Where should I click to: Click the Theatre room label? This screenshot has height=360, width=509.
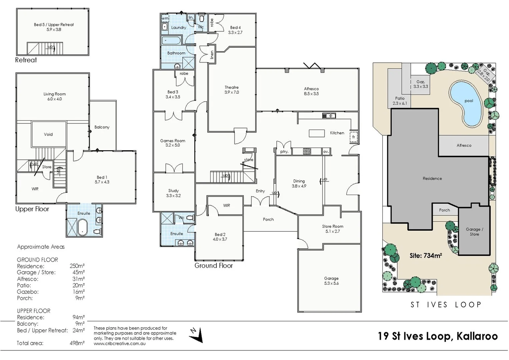pos(232,90)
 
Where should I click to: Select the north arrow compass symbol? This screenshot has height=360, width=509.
pos(196,335)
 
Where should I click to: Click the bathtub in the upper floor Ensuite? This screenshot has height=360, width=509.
pos(82,227)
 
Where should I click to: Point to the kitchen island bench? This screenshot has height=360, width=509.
pos(317,133)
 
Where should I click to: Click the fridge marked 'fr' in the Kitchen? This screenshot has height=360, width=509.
pos(354,137)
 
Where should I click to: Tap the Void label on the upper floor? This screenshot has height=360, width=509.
pos(48,134)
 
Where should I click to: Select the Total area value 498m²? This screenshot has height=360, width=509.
pos(77,343)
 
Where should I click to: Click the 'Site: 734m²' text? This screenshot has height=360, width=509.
pos(426,256)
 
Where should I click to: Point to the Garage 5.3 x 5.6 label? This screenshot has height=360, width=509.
pos(331,281)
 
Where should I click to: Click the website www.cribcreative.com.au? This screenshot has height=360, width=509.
pos(120,343)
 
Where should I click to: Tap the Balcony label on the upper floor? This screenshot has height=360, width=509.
pos(102,127)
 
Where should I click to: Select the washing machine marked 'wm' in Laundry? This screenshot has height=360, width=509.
pos(165,18)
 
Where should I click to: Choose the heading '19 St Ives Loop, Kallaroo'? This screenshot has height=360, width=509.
pos(438,336)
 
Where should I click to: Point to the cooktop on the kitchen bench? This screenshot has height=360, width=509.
pos(307,151)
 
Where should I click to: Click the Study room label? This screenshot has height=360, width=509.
pos(173,193)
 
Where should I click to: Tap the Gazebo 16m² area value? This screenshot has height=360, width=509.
pos(79,292)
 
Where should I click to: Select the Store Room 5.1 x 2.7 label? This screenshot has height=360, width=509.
pos(332,229)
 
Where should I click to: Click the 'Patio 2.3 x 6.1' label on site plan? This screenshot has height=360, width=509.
pos(400,101)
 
